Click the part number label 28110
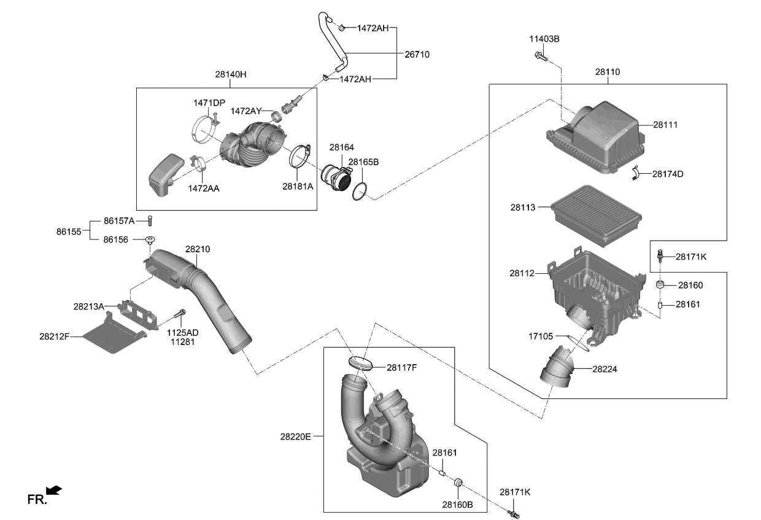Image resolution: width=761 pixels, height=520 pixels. [607, 72]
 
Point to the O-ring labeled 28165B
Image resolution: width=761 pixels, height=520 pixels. [360, 192]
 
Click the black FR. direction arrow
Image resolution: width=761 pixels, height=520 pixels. [54, 489]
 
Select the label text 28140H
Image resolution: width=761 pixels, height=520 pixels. [230, 74]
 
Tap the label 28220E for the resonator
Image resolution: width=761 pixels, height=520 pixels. [296, 437]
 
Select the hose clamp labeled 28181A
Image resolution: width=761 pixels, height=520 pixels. [299, 157]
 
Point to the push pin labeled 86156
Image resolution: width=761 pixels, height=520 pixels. [149, 239]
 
